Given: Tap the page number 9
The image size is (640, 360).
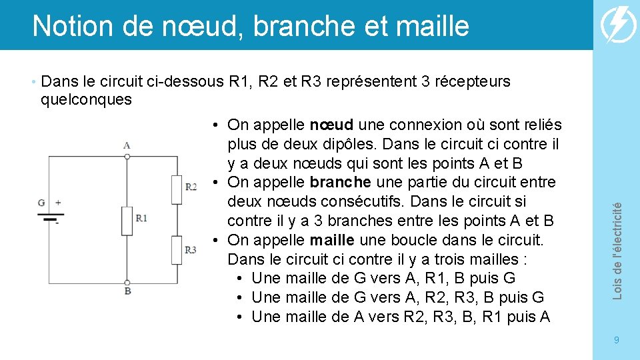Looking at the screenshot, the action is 616,340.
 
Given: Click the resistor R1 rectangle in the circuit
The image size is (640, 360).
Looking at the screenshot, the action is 127,221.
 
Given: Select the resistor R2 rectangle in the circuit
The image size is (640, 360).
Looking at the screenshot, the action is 176,189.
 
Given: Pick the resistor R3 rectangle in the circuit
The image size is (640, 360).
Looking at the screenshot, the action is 176,250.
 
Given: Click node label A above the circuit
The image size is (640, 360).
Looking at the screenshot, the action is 127,145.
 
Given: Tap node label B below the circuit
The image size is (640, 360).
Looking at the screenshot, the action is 127,291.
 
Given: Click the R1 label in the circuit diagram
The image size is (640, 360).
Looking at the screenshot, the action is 141,217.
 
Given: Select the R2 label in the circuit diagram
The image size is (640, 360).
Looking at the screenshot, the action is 191,186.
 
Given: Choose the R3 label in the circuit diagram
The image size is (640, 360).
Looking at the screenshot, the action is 191,250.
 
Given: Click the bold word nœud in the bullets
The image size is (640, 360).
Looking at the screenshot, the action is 331,125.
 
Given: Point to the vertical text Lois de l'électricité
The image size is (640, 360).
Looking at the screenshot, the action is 617,250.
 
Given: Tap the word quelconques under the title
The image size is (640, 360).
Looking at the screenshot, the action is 86,100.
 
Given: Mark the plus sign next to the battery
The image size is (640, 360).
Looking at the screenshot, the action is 57,202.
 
